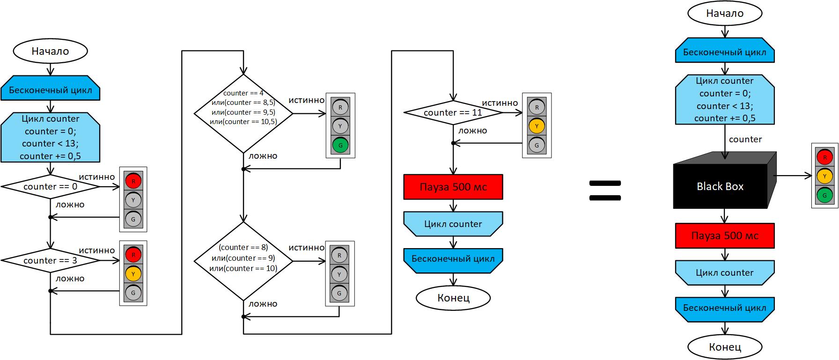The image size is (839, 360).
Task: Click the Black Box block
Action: (720, 186)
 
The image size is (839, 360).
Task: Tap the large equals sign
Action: (604, 191)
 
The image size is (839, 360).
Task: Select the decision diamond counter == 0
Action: (50, 186)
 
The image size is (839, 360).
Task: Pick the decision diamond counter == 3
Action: (50, 260)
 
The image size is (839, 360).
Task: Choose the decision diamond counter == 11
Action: (453, 112)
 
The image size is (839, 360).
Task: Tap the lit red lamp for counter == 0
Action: (133, 181)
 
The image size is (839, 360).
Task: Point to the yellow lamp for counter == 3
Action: (133, 274)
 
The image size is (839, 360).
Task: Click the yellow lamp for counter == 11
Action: (537, 126)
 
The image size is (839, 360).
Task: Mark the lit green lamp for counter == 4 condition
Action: (340, 145)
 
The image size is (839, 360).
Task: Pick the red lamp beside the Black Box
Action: (824, 157)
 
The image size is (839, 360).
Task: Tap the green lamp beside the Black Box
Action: (824, 195)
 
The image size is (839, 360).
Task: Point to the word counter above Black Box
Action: (745, 139)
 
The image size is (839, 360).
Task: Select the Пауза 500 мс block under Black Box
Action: (725, 236)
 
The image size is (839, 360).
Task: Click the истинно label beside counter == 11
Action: (500, 103)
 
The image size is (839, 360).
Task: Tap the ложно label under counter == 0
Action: (70, 205)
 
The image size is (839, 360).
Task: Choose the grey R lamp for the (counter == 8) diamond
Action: (339, 255)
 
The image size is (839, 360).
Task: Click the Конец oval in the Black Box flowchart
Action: (725, 347)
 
